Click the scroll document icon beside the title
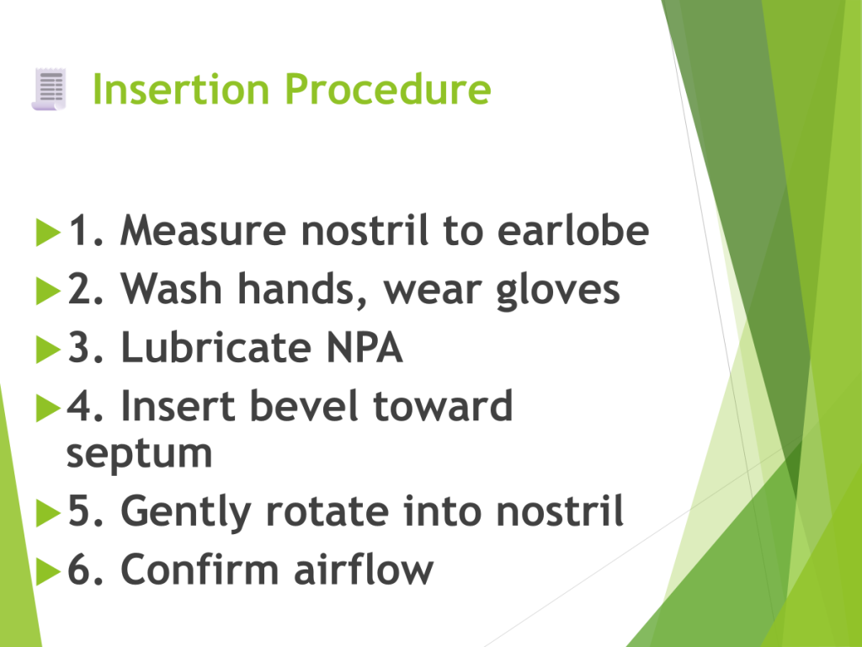49,89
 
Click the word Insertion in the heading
181,88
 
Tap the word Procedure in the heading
387,88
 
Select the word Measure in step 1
203,230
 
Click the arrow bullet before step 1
48,233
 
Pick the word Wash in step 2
171,288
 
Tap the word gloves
558,291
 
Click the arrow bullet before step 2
48,291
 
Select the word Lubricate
216,347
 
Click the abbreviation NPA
364,347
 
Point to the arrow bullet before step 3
48,350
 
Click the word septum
139,455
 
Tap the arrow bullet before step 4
48,408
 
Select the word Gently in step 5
186,512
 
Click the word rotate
327,511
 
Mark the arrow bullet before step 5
48,513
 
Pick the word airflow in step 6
364,569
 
